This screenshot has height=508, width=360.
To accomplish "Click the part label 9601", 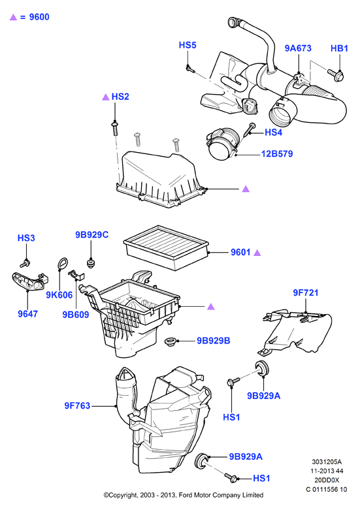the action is coord(240,252).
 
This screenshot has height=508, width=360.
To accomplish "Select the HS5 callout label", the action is coord(188,45).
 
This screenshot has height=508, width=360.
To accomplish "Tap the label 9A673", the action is coord(298,48).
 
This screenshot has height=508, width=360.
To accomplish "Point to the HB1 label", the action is coord(339,48).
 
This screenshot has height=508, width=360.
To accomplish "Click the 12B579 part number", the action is coord(277,153).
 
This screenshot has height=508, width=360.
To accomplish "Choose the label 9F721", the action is coord(306,293).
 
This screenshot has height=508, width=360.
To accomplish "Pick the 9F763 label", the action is coord(77,405).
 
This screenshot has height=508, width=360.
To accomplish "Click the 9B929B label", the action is coord(214,341).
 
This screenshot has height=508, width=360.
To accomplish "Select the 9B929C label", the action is coord(91,234).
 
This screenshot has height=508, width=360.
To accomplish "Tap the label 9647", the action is coord(27,313).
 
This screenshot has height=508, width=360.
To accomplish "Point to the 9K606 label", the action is coord(59,295).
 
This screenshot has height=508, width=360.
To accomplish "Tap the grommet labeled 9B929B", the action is coord(171,341).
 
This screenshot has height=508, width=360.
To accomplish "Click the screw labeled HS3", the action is coord(25,263).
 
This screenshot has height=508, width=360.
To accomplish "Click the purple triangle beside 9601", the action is coord(257,253).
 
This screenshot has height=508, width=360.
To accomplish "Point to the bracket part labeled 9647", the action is coord(29,281).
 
